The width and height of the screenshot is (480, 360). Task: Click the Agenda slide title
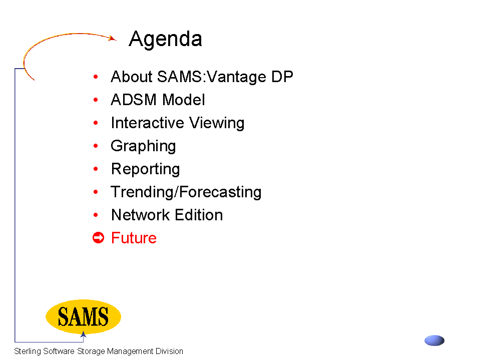pos(165,40)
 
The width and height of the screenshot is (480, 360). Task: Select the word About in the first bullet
pos(132,77)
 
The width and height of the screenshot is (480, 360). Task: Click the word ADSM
pos(134,100)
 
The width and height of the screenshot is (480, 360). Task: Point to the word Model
pos(183,100)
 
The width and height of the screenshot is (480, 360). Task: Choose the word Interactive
pos(147,123)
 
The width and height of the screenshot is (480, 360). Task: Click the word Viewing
pos(217,123)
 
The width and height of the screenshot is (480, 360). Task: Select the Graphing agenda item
pos(143,146)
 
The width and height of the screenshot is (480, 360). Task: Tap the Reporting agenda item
pos(146,169)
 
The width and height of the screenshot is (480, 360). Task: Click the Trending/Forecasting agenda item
pos(186,192)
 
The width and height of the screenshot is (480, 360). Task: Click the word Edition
pos(199,215)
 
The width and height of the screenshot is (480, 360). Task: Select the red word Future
pos(134,238)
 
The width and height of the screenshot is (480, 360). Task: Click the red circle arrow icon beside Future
pos(98,237)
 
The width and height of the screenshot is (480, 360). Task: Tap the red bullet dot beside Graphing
pos(96,146)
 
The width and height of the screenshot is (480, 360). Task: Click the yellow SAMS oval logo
pos(83,317)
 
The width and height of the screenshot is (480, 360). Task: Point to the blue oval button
pos(434,340)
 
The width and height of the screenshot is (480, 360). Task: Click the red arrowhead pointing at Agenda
pos(113,38)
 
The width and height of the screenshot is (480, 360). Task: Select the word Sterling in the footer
pos(28,351)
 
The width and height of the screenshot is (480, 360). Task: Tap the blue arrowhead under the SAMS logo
pos(83,334)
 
